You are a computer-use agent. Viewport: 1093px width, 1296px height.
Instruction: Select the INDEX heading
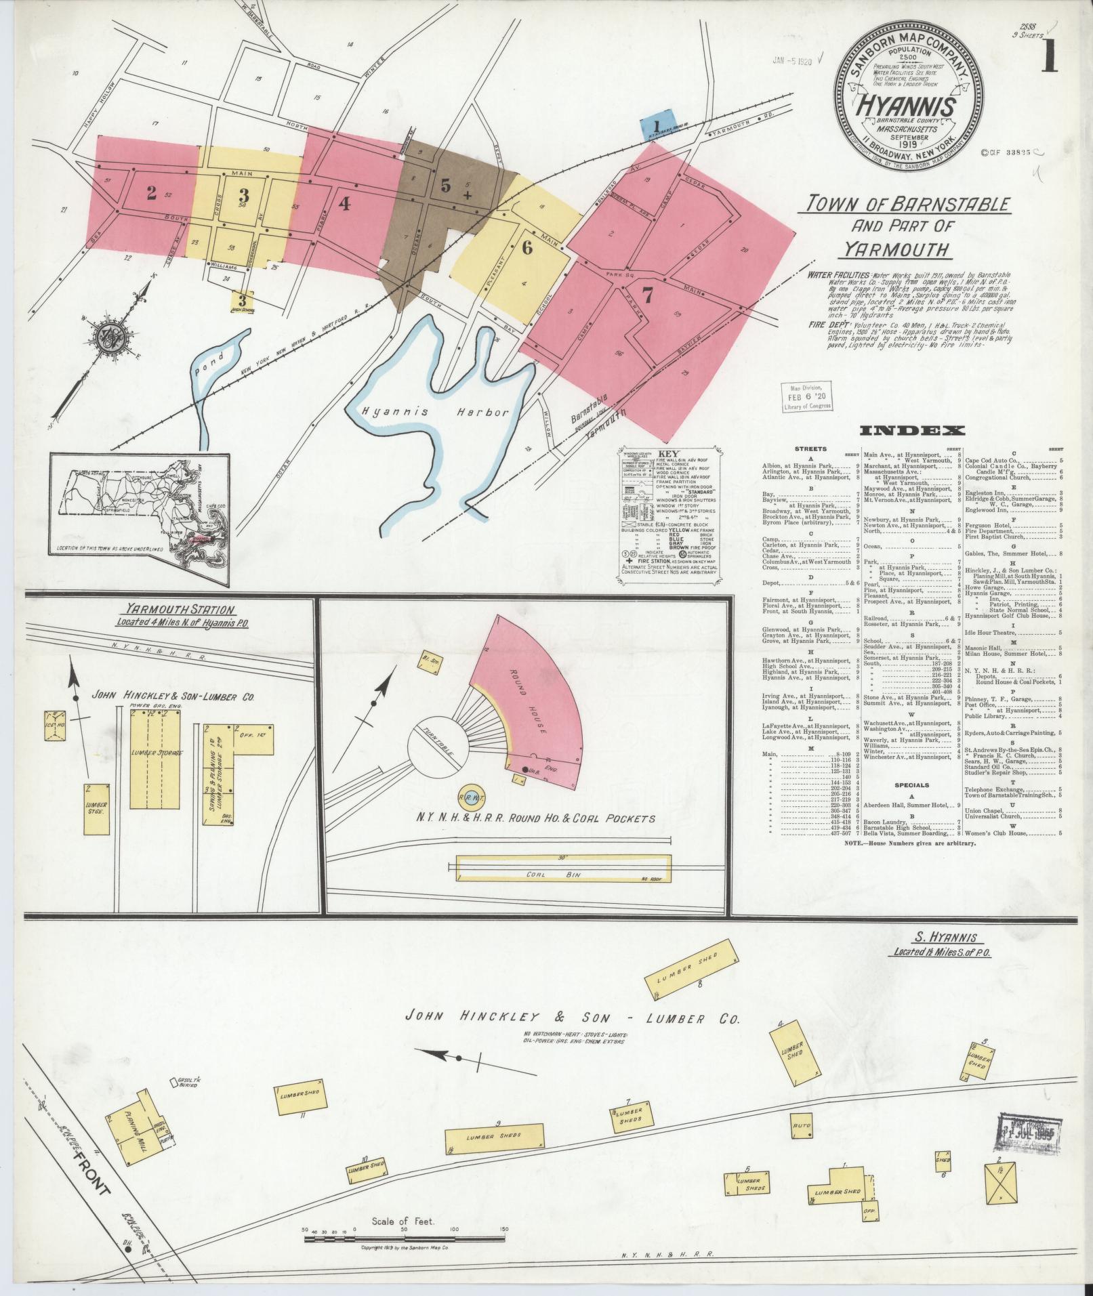(x=912, y=431)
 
